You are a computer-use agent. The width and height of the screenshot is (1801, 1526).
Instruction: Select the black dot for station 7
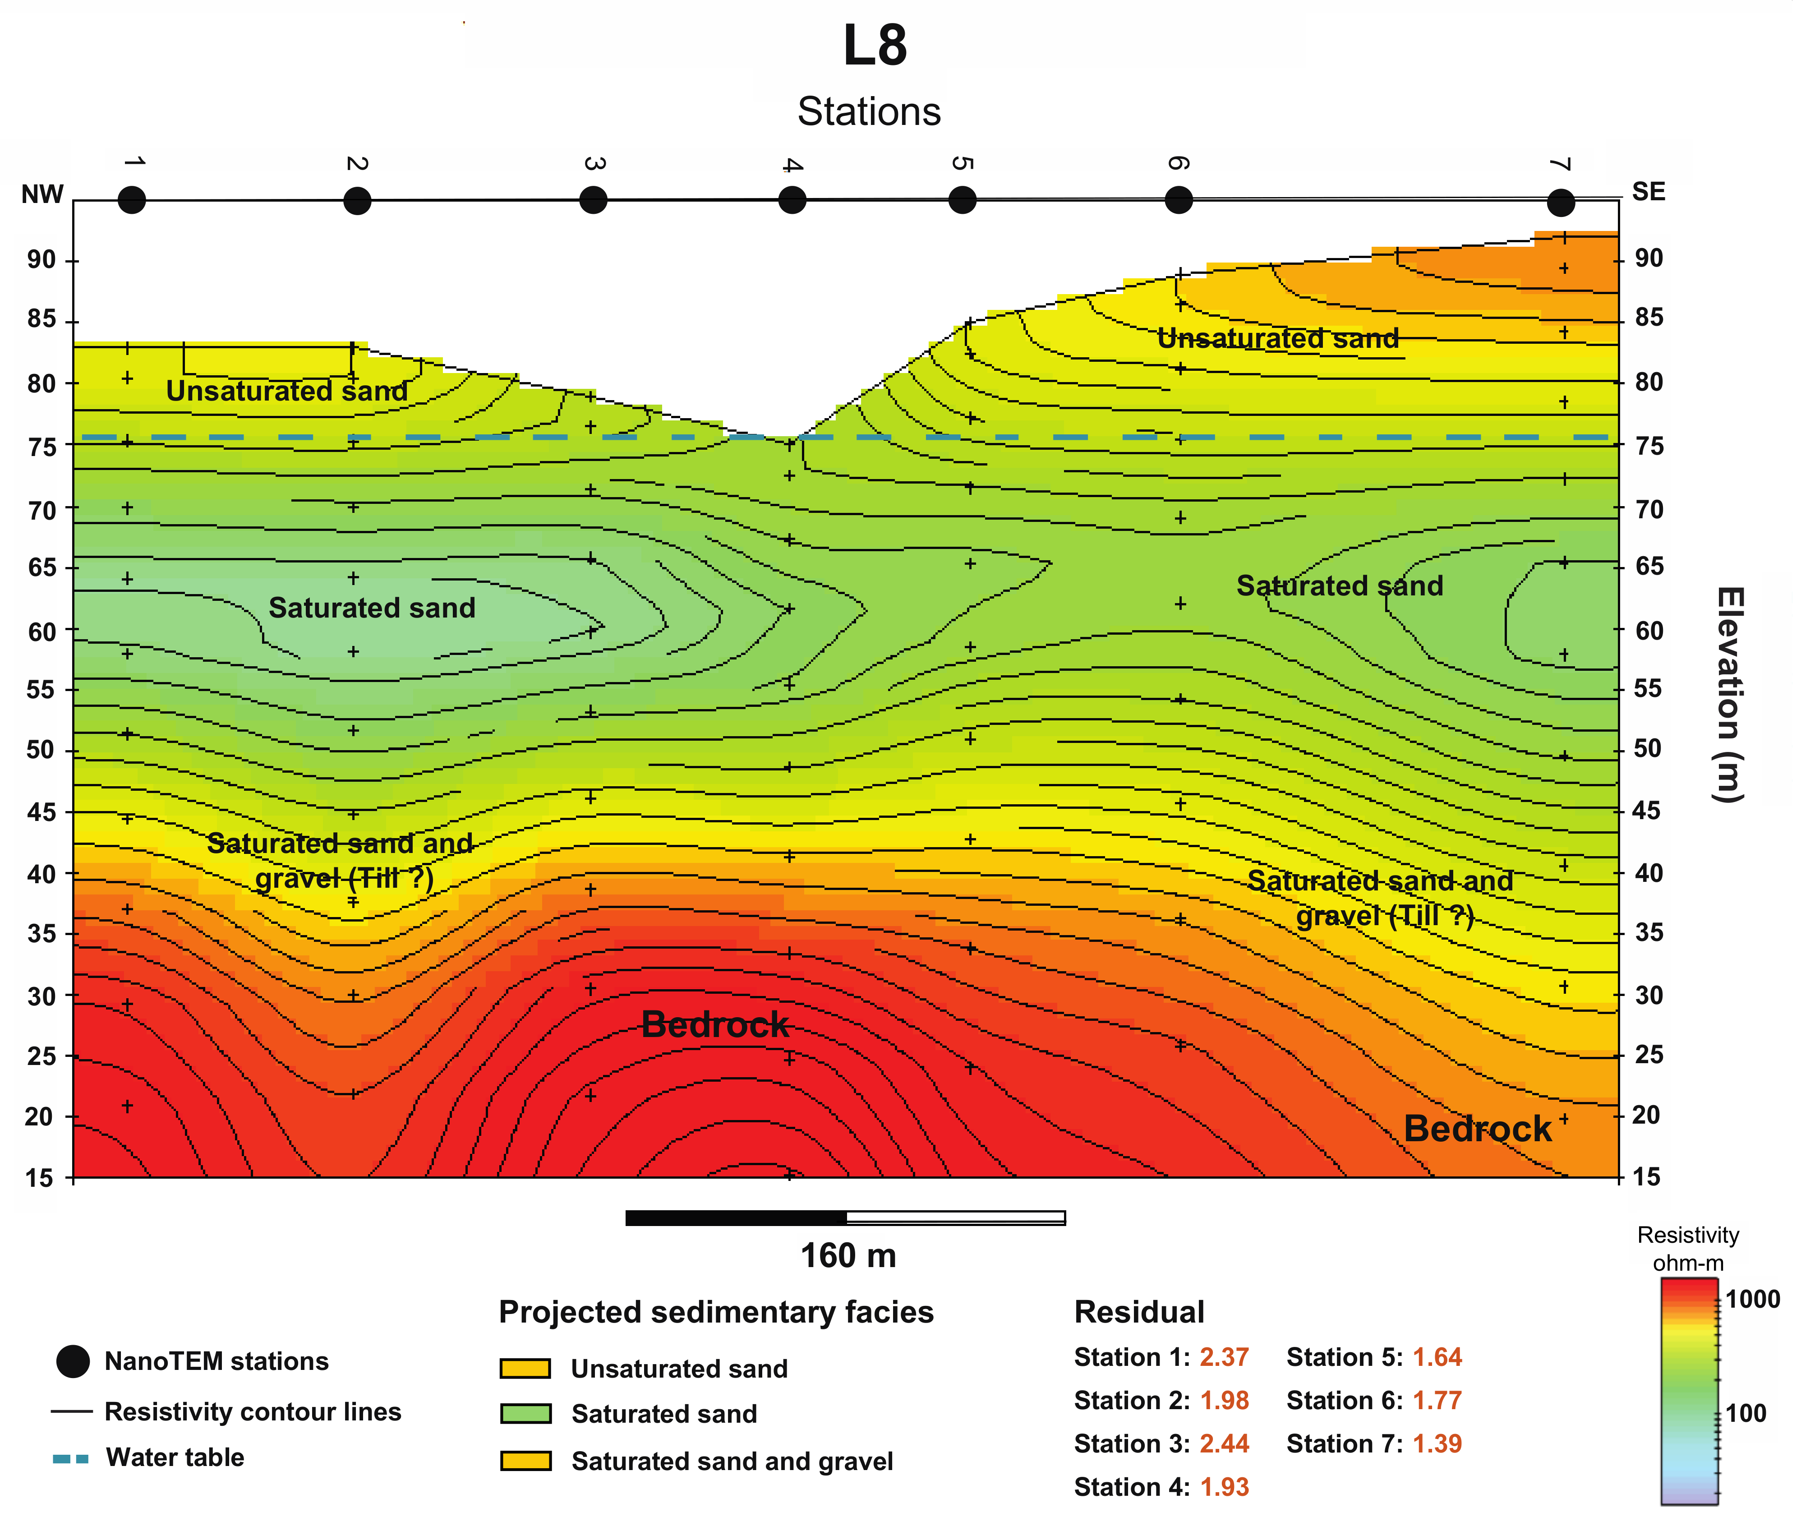[x=1561, y=203]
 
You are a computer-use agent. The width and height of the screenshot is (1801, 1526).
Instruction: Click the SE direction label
[x=1648, y=192]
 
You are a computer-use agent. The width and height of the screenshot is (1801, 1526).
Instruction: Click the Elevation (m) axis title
[x=1728, y=694]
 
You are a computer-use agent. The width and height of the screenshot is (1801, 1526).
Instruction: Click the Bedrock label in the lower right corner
[x=1478, y=1129]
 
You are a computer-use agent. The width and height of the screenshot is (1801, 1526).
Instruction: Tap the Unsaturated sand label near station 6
[x=1278, y=338]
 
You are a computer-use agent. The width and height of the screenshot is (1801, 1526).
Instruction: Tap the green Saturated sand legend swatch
[x=525, y=1414]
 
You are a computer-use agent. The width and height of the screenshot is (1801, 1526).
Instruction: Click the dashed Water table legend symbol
[x=71, y=1458]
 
